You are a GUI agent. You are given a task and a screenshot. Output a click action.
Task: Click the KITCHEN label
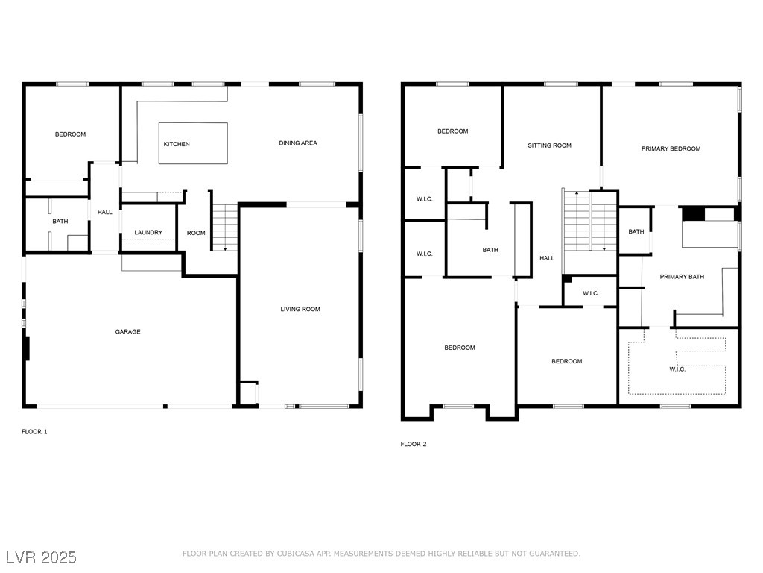(x=177, y=144)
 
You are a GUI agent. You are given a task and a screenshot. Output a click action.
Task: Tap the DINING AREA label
(x=298, y=143)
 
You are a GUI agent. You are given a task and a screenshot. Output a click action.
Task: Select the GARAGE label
(x=127, y=331)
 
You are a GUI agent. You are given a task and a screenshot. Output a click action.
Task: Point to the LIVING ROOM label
(x=300, y=309)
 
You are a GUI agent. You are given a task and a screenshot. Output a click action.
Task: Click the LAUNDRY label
(x=148, y=233)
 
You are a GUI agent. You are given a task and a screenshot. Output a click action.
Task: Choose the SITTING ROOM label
(x=549, y=145)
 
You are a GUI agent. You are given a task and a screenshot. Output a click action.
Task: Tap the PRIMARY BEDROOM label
(x=671, y=148)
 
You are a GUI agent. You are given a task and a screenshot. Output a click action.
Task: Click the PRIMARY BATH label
(x=682, y=277)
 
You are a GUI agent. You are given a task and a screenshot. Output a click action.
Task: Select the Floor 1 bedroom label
(x=70, y=134)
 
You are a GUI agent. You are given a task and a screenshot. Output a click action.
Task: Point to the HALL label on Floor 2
(x=547, y=258)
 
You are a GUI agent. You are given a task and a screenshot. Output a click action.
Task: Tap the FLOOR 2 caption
(x=414, y=444)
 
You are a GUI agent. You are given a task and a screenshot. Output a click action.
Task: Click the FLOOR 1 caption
(x=34, y=431)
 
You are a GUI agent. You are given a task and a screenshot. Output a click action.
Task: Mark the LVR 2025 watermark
(x=41, y=557)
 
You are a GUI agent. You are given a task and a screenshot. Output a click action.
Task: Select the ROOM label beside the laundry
(x=196, y=233)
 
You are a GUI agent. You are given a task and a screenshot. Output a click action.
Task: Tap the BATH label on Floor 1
(x=60, y=222)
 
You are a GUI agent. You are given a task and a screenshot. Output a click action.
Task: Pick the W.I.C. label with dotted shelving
(x=677, y=369)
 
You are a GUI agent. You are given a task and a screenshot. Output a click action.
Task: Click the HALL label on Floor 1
(x=105, y=212)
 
